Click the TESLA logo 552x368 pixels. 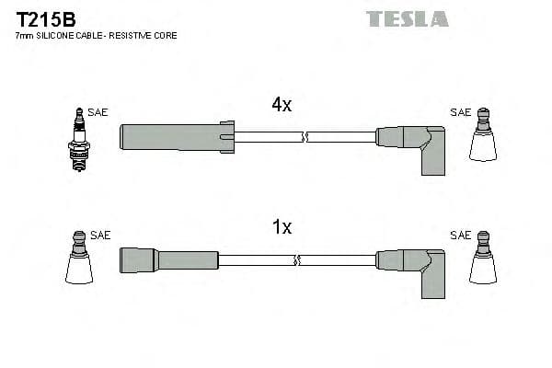click(407, 18)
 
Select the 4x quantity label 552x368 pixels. click(282, 105)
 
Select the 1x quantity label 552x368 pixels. click(282, 227)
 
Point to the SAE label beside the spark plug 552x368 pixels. click(98, 112)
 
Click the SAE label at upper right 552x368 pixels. click(460, 112)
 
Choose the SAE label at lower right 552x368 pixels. click(460, 236)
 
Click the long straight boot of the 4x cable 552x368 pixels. click(175, 136)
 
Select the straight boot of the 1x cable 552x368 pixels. click(156, 259)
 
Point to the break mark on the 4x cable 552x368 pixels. click(305, 137)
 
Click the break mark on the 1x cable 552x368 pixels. click(296, 260)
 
